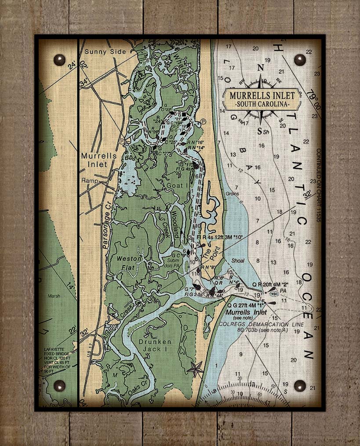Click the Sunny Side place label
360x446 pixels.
[105, 51]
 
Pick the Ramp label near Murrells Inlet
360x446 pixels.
[89, 181]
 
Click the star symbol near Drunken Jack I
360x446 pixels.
[195, 369]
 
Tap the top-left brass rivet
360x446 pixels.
[59, 59]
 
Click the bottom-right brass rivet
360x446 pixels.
[300, 386]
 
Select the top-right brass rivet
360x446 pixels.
[300, 60]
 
